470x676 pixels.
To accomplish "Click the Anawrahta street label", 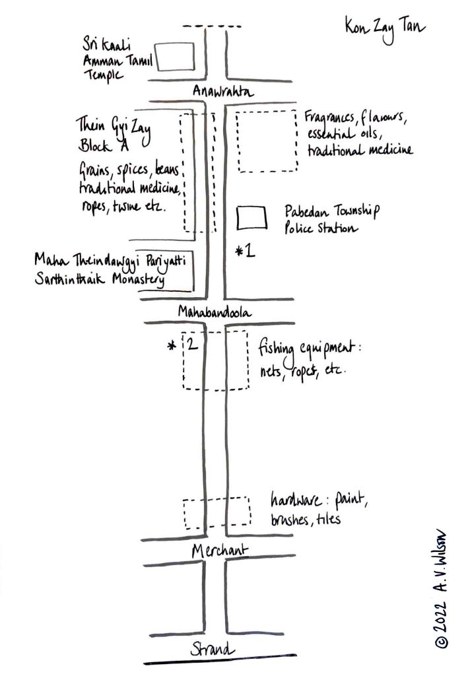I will (x=223, y=92).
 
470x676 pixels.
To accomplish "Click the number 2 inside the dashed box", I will (x=191, y=345).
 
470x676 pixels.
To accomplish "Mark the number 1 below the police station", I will (x=250, y=252).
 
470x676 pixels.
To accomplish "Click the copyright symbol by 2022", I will (x=443, y=640).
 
